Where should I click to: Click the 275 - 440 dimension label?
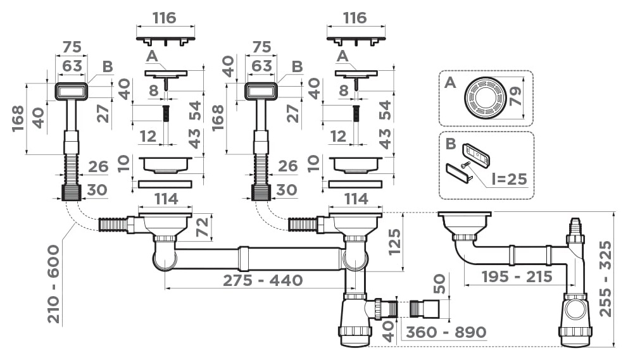coord(262,280)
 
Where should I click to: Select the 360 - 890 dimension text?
coord(446,332)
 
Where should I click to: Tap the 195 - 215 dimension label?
coord(517,276)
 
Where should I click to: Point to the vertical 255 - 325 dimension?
coord(606,278)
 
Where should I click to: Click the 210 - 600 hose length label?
coord(54,284)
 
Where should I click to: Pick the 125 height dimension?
coord(394,242)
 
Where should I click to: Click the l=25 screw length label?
coord(509,178)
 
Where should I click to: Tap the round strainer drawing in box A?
coord(484,97)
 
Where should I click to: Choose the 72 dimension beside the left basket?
coord(203,227)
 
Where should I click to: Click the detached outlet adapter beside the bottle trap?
coord(425,309)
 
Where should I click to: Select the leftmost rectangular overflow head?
coord(70,91)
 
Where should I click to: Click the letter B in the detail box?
coord(451,144)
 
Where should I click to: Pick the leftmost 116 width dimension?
coord(165,18)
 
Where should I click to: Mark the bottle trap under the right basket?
coord(355,320)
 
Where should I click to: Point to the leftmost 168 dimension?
coord(18,118)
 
